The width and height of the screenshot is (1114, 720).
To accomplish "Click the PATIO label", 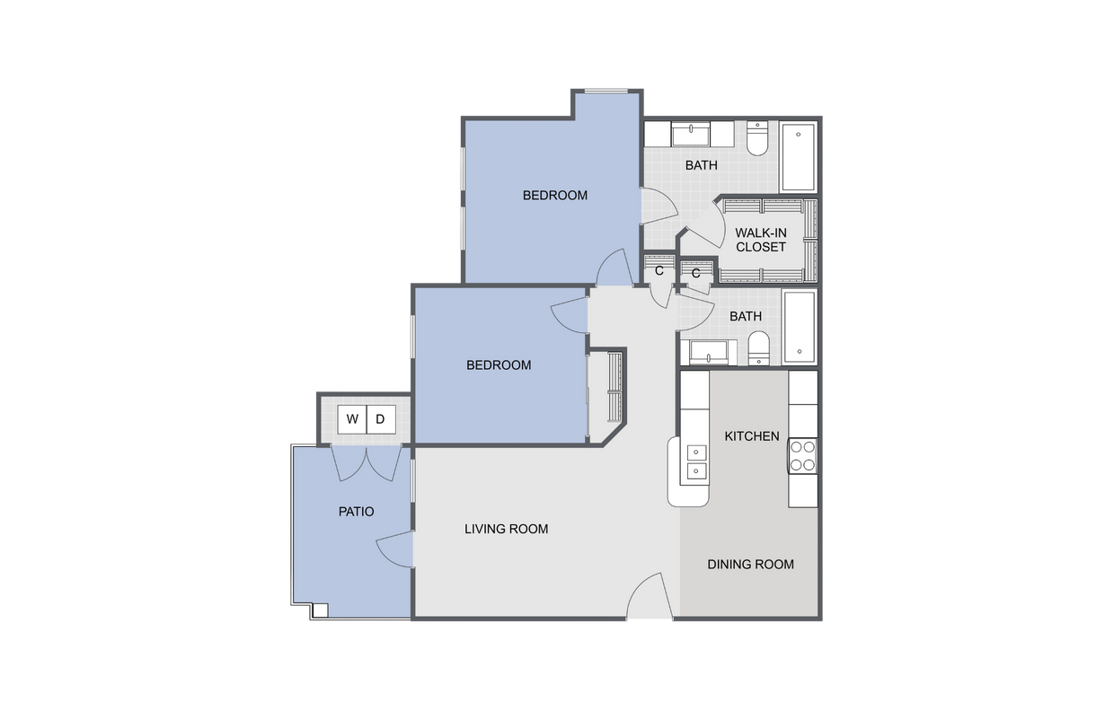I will [356, 512].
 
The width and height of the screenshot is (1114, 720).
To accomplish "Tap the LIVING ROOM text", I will [506, 529].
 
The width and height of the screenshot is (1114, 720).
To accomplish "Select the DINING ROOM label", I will [750, 565].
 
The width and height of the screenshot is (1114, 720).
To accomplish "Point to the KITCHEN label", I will [752, 436].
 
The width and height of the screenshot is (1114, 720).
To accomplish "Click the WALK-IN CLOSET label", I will [760, 240].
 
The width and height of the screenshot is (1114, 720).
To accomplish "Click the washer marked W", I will [351, 419].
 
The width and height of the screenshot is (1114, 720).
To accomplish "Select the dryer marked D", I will [380, 419].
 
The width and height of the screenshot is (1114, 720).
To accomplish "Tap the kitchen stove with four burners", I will [802, 455].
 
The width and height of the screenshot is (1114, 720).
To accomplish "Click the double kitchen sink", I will [694, 460].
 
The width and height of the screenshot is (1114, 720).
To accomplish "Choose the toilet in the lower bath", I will [758, 347].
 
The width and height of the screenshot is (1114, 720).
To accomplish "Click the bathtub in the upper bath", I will [797, 157].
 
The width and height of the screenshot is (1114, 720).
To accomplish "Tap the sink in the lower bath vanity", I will [708, 353].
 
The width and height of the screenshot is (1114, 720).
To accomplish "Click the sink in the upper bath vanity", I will [690, 135].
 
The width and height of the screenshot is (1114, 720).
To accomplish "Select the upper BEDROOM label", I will [555, 195].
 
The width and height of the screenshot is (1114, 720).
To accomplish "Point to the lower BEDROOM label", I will [499, 365].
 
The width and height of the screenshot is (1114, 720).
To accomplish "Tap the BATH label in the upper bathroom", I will [701, 165].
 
